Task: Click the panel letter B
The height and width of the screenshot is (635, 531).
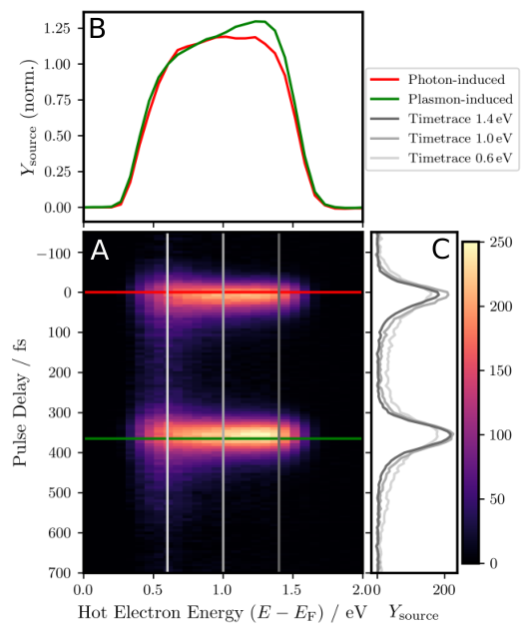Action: pos(97,29)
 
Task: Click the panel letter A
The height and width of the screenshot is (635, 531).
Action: pos(100,251)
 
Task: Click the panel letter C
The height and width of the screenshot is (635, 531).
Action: pos(441,250)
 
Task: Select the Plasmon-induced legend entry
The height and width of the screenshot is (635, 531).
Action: pos(441,99)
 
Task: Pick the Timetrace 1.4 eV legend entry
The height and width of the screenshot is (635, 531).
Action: pos(441,119)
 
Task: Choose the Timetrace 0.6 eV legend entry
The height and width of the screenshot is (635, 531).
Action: pos(441,158)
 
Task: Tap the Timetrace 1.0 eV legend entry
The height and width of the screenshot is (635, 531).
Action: pos(441,139)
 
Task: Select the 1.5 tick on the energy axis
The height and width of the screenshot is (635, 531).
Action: pos(291,590)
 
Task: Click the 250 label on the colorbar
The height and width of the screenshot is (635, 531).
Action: pos(501,243)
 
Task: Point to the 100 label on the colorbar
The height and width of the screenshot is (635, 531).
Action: pos(501,435)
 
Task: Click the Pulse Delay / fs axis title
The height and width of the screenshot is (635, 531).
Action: pos(20,401)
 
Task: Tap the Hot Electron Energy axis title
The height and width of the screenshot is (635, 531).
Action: pos(222,613)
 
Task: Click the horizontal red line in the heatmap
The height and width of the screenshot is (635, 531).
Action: pos(223,292)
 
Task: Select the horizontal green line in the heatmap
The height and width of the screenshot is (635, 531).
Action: pos(223,438)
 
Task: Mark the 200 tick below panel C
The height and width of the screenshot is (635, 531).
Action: pos(444,590)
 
